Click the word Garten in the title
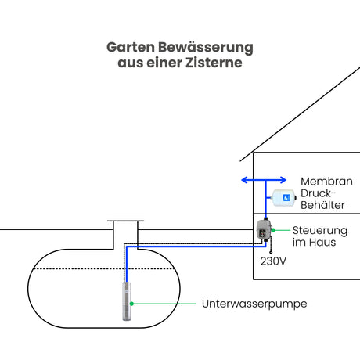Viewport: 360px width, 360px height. click(x=131, y=48)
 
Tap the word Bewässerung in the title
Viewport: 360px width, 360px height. click(x=206, y=48)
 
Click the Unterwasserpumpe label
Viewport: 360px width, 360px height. click(x=254, y=304)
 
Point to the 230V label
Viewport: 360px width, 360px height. click(x=273, y=261)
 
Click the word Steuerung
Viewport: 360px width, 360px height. click(x=320, y=231)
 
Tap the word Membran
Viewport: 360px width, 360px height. click(x=326, y=182)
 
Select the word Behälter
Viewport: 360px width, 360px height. click(x=322, y=205)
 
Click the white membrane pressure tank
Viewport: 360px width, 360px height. click(x=284, y=198)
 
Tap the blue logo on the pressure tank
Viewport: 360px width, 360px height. click(x=286, y=198)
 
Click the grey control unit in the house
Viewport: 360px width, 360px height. click(x=264, y=230)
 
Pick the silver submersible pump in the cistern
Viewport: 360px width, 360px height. click(x=127, y=301)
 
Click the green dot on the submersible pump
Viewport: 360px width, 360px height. click(x=131, y=304)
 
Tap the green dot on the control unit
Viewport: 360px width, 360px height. click(x=273, y=230)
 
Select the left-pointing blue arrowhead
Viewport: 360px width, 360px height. click(x=245, y=180)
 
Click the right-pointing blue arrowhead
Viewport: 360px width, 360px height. click(x=283, y=180)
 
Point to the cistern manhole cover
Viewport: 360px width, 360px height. click(x=125, y=221)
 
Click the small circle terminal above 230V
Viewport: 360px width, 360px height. click(x=271, y=252)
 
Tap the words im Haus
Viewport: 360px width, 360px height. click(x=314, y=243)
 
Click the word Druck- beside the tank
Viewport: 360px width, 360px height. click(x=318, y=193)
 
